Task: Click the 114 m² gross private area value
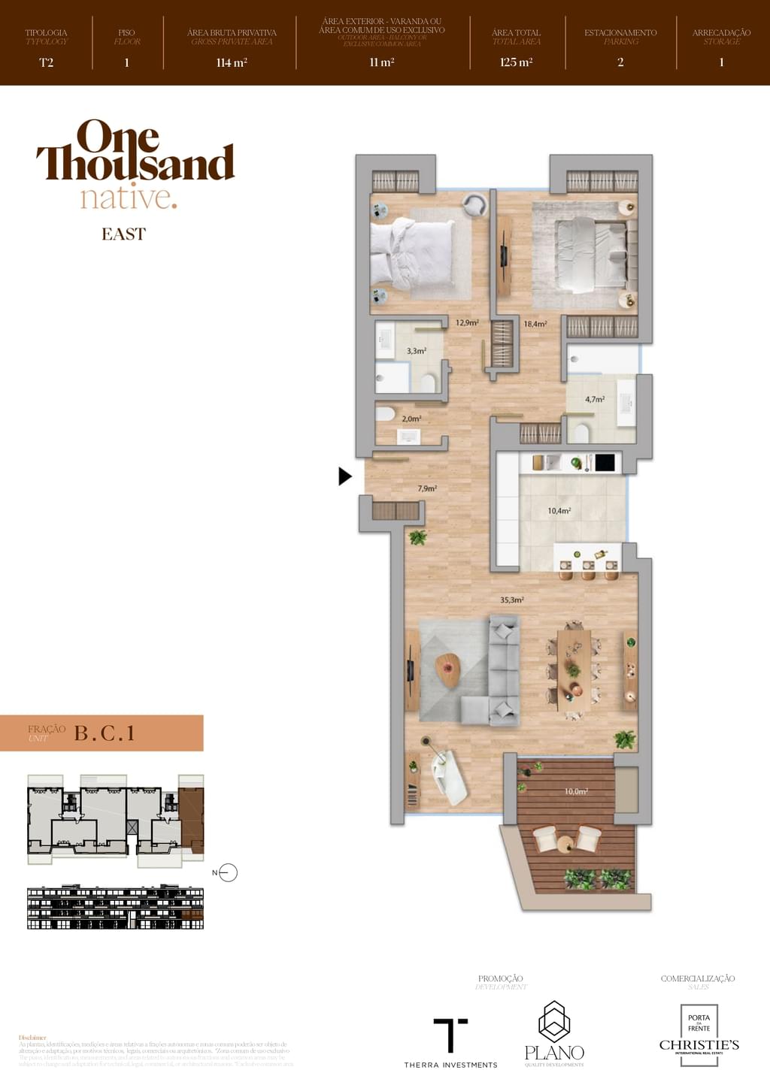tap(232, 62)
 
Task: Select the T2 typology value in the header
tap(47, 62)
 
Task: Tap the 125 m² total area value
tap(516, 62)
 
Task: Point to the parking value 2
tap(620, 62)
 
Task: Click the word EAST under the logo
tap(123, 234)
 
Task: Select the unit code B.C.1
tap(105, 733)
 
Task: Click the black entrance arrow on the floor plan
tap(345, 476)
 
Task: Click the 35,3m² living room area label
tap(511, 600)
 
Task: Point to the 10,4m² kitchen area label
tap(559, 511)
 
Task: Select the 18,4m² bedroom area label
tap(535, 325)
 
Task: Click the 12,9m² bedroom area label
tap(466, 323)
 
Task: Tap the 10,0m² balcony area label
tap(576, 791)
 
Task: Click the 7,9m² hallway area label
tap(427, 488)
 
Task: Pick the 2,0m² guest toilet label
tap(411, 419)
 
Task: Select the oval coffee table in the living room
tap(448, 669)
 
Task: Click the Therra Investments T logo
tap(450, 1035)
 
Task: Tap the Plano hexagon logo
tap(554, 1022)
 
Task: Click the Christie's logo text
tap(699, 1045)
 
